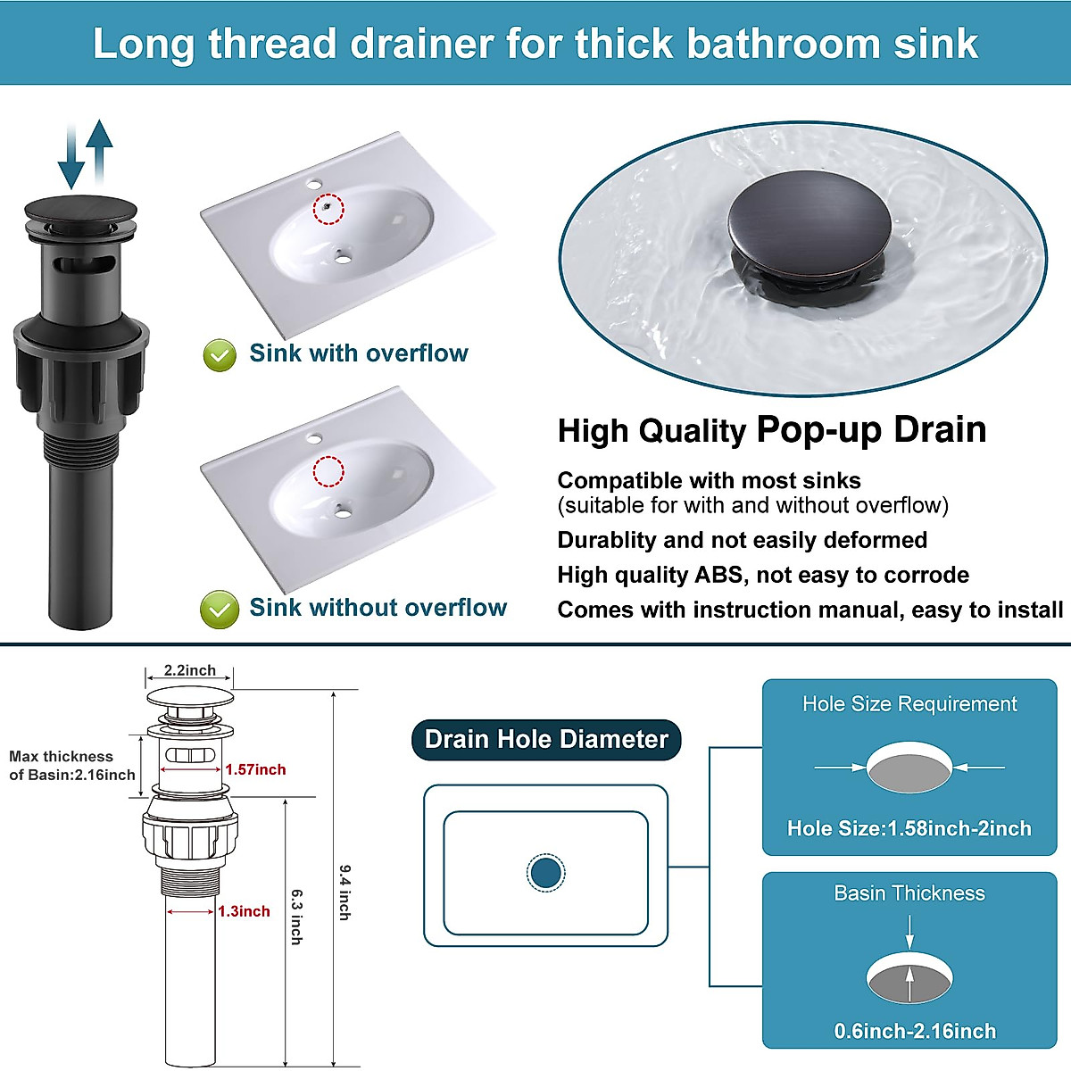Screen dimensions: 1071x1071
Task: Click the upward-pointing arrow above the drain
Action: click(99, 152)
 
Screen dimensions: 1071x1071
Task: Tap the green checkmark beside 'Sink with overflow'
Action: click(220, 355)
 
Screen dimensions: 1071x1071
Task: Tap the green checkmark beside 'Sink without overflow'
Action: click(220, 610)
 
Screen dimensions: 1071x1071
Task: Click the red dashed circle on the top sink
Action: click(328, 209)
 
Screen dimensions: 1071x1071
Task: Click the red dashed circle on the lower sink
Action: click(328, 471)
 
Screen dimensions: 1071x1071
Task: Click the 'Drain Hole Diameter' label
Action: click(546, 740)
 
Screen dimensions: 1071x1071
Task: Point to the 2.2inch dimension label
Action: click(189, 670)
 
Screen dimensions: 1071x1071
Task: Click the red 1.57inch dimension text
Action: click(255, 769)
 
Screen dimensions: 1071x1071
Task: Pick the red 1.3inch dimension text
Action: click(244, 911)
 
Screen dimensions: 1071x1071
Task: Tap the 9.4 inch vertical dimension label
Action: click(345, 892)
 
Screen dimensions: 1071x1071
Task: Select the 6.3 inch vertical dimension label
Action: click(296, 916)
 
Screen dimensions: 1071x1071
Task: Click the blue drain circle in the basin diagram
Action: click(545, 872)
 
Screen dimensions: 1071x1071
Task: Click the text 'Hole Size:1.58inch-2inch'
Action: click(909, 828)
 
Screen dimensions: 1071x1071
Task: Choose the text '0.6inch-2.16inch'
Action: click(915, 1031)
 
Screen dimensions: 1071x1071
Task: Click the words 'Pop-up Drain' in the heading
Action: click(871, 429)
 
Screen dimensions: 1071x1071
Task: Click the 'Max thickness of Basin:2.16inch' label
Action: click(71, 766)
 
